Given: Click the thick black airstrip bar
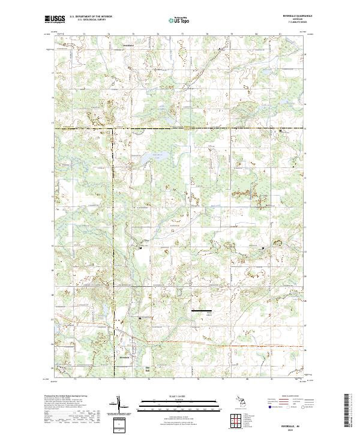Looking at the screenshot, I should tap(202, 311).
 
